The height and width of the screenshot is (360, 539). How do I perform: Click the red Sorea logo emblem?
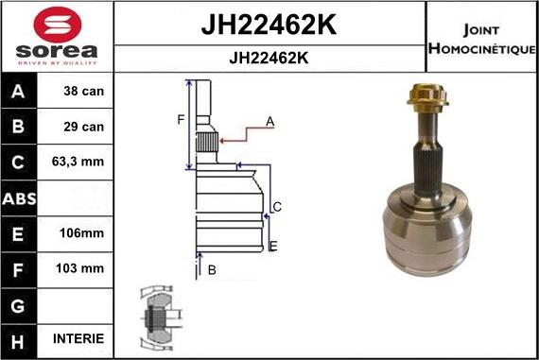(58, 25)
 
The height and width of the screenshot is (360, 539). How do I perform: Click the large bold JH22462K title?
(269, 25)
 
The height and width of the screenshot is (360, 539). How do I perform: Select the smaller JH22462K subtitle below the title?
(269, 58)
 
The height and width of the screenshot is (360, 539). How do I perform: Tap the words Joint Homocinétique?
(481, 39)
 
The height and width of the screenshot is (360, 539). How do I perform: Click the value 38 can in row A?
(83, 91)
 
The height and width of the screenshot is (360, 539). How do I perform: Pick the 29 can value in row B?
(83, 127)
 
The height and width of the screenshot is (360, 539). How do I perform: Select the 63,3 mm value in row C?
(78, 162)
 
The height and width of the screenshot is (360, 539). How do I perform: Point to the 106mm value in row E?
(81, 232)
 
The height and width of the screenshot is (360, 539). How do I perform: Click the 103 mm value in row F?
(79, 268)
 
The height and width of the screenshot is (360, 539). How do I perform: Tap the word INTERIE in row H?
(78, 338)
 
